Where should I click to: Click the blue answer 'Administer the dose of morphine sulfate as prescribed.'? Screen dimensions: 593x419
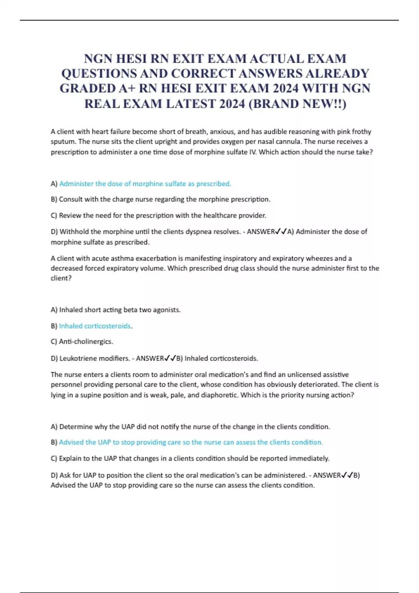point(145,184)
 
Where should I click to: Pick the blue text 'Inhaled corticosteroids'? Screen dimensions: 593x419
point(95,326)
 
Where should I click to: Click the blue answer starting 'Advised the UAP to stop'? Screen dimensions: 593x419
point(191,442)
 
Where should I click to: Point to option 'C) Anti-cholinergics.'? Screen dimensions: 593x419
point(82,341)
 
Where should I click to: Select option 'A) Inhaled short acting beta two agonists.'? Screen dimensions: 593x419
point(116,310)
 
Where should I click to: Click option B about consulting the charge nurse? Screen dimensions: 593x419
point(161,200)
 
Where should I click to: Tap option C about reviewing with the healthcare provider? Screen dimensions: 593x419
point(159,216)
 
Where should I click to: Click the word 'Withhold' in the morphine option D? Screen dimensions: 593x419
point(73,232)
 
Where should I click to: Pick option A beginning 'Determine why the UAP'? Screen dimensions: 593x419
point(190,427)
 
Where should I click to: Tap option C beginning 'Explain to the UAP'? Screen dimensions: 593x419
point(190,458)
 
